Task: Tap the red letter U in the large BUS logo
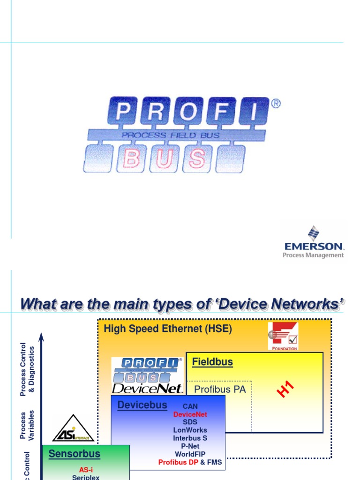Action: click(x=165, y=159)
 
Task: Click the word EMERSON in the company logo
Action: click(x=314, y=246)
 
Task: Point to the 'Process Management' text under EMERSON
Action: click(x=313, y=255)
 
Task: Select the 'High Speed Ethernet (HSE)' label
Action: click(x=168, y=329)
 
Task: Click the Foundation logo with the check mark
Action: click(x=283, y=336)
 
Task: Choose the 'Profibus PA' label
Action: click(x=220, y=389)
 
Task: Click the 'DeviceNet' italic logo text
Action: click(x=147, y=389)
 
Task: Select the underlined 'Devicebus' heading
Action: click(x=142, y=405)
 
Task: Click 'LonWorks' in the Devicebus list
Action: click(x=190, y=430)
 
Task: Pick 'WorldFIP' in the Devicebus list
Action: click(x=190, y=454)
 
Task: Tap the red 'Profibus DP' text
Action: click(x=178, y=462)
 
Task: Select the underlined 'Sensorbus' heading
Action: click(x=75, y=453)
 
